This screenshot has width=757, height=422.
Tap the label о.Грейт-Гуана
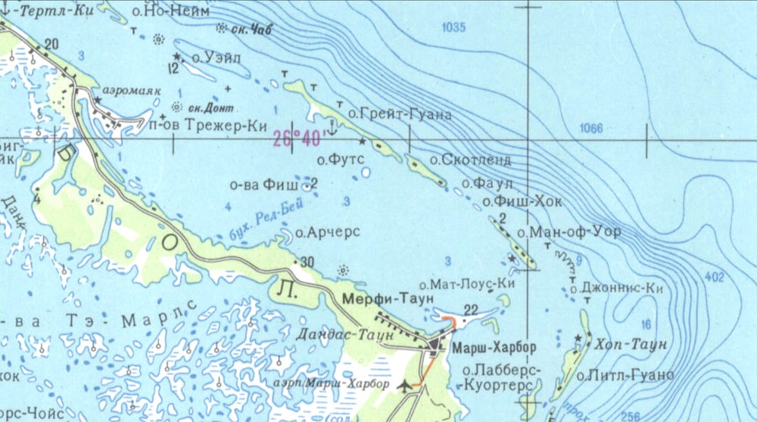click(400, 115)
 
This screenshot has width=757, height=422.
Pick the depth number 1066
click(590, 129)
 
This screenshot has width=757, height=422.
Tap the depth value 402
click(714, 278)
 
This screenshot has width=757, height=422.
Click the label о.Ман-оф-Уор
click(569, 232)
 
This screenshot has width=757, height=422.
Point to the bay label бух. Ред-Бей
click(260, 225)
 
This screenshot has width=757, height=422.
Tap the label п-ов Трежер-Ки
click(204, 126)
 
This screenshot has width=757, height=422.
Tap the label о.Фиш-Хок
click(522, 202)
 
